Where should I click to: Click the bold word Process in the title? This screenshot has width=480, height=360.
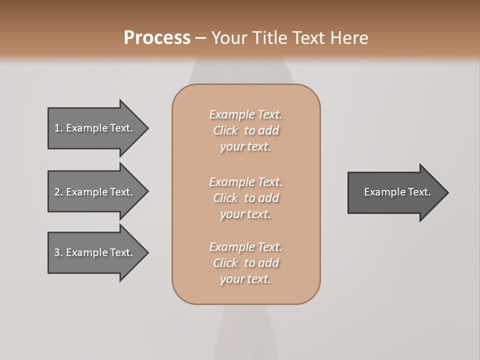click(x=157, y=38)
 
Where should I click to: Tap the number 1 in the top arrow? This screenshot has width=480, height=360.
click(x=57, y=128)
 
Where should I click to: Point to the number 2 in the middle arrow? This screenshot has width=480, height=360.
click(x=57, y=192)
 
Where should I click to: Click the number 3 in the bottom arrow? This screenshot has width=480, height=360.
click(x=57, y=252)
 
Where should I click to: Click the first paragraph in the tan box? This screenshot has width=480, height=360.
click(x=245, y=130)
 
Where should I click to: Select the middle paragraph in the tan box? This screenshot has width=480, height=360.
click(x=245, y=198)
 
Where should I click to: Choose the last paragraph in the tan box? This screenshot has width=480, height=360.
click(x=245, y=263)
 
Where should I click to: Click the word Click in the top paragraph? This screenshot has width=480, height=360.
click(x=225, y=130)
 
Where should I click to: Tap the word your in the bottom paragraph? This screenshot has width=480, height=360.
click(x=231, y=279)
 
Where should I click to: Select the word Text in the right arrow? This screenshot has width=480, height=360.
click(x=419, y=192)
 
